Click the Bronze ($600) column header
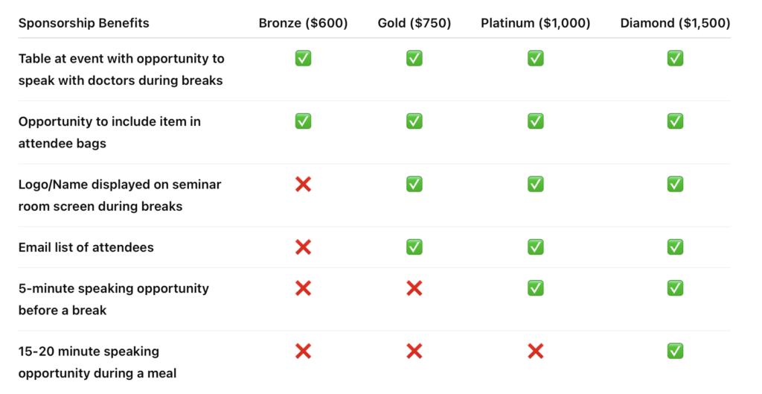(x=304, y=23)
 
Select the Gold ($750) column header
(x=414, y=23)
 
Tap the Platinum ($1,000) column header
(x=536, y=23)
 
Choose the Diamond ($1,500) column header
(x=675, y=23)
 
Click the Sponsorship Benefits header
(x=83, y=23)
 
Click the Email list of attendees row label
(x=86, y=247)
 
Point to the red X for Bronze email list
(x=304, y=247)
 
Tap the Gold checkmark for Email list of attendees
(x=414, y=247)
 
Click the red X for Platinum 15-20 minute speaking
(x=536, y=352)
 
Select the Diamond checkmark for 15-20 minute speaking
(x=676, y=352)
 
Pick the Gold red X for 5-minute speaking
(x=414, y=288)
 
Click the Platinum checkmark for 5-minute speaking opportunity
(x=536, y=288)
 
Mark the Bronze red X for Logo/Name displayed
(x=304, y=185)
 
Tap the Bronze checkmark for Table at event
(x=304, y=58)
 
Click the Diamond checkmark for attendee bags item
(x=676, y=121)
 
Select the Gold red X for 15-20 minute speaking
(x=414, y=352)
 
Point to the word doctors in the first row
(x=161, y=80)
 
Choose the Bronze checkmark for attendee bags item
(x=304, y=121)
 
